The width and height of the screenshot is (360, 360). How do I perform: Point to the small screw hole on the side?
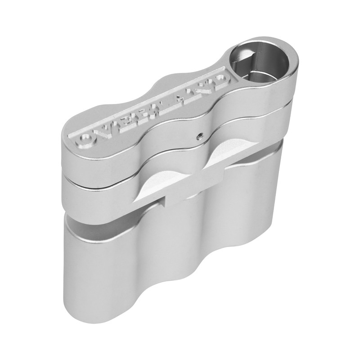pos(198,138)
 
